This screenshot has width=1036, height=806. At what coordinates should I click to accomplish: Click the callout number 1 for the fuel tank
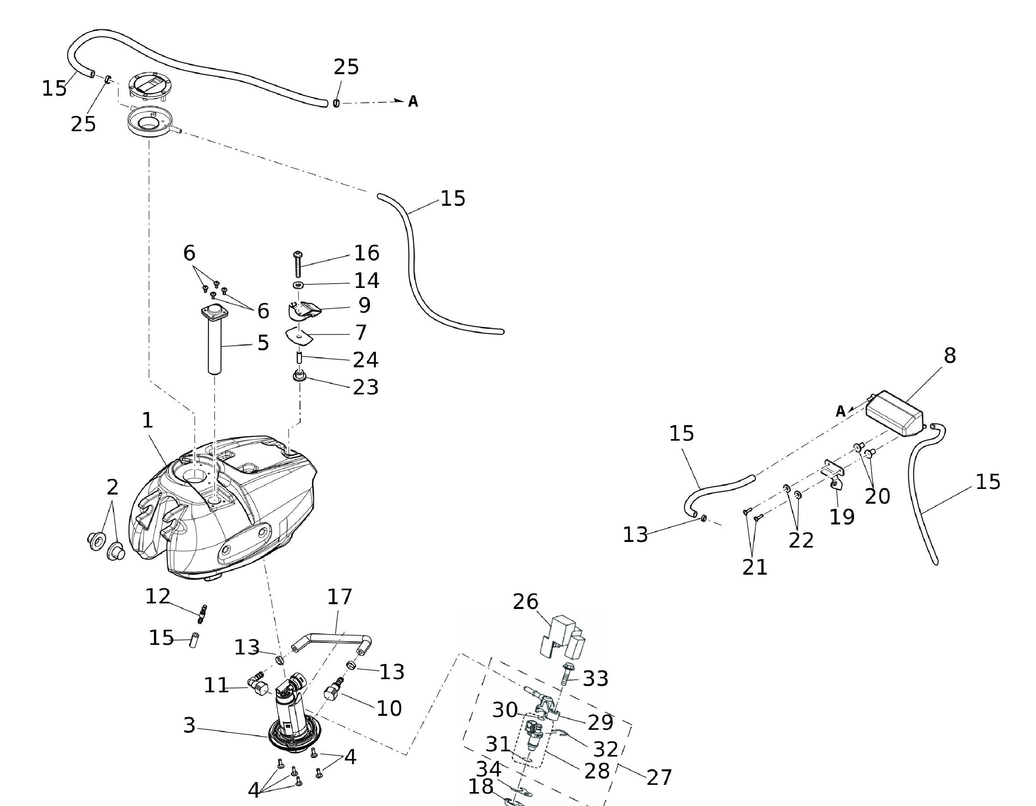coord(148,420)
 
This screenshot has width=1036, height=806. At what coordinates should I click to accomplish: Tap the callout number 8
coord(950,356)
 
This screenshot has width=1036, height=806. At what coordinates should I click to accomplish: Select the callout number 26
coord(526,602)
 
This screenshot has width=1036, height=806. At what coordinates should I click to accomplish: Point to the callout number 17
coord(340,597)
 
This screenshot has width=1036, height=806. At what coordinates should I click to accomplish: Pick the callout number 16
coord(367,253)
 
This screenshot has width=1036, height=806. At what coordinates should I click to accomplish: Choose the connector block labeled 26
coord(562,638)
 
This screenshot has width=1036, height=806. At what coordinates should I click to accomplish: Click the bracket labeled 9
coord(304,310)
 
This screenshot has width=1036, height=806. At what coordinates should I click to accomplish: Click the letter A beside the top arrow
coord(413,101)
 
